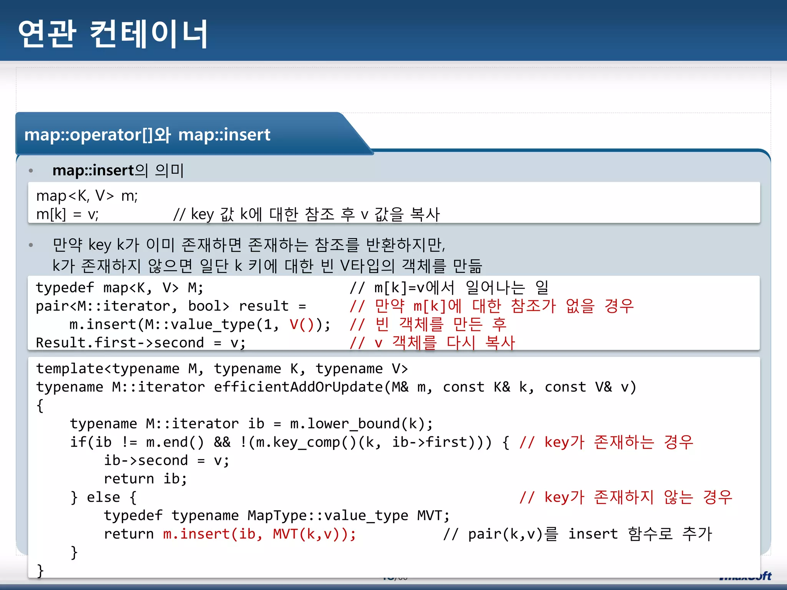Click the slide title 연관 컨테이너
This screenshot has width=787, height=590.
pyautogui.click(x=113, y=34)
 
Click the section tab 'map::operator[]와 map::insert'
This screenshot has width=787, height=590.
pyautogui.click(x=147, y=135)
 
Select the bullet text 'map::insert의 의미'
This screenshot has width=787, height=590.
pyautogui.click(x=118, y=170)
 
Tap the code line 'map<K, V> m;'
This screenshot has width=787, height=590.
pyautogui.click(x=87, y=196)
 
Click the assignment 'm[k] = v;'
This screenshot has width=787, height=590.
pyautogui.click(x=67, y=214)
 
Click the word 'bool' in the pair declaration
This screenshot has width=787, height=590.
pyautogui.click(x=208, y=306)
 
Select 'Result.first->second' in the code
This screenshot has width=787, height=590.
pyautogui.click(x=120, y=343)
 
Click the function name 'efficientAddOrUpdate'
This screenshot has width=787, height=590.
pyautogui.click(x=298, y=387)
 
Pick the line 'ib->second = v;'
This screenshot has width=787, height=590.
pyautogui.click(x=166, y=460)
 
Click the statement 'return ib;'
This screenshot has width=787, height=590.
pyautogui.click(x=145, y=479)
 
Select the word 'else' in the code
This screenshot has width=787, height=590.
pyautogui.click(x=103, y=497)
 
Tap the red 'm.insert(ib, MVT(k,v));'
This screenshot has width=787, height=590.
pyautogui.click(x=259, y=534)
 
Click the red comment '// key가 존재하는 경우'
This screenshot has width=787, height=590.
pyautogui.click(x=606, y=442)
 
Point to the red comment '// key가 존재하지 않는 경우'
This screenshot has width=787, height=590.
pyautogui.click(x=626, y=497)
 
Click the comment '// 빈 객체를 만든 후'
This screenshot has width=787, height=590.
pyautogui.click(x=428, y=325)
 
